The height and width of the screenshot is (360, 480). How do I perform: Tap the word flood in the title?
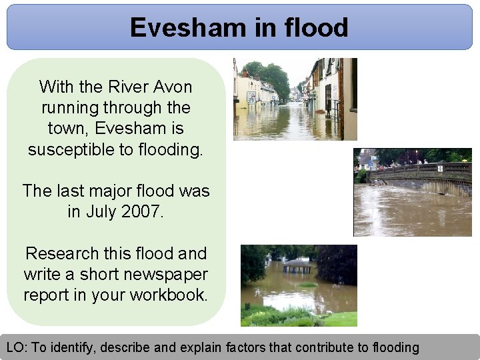[315, 27]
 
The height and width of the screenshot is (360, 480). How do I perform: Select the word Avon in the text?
[173, 87]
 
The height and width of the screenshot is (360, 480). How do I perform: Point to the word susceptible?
[71, 149]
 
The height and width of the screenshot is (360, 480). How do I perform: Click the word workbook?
[167, 295]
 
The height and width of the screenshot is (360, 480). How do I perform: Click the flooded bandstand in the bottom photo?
[297, 267]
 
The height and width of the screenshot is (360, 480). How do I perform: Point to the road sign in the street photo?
[251, 97]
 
